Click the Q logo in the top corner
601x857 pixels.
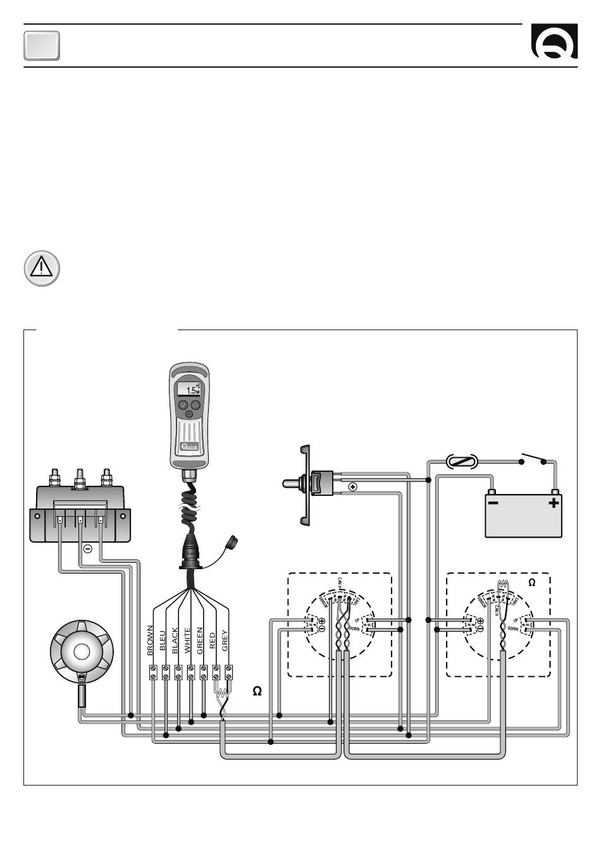click(554, 43)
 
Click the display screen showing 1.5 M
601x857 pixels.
click(189, 390)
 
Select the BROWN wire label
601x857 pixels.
click(151, 639)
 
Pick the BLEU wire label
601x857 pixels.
click(163, 639)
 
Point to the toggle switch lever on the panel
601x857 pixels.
click(292, 484)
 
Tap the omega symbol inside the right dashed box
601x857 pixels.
click(532, 583)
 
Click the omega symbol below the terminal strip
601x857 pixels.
click(257, 691)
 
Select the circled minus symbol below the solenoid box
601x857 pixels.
click(88, 548)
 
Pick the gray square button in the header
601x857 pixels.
click(42, 46)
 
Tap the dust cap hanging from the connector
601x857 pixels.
click(230, 543)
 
